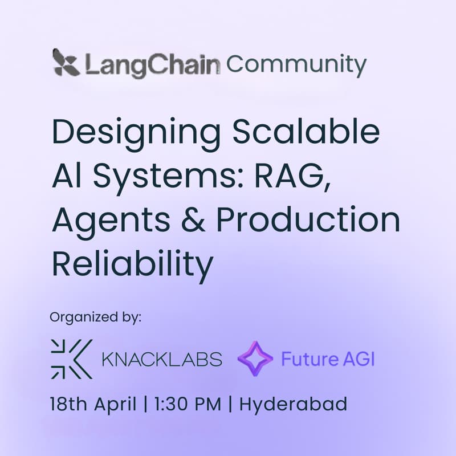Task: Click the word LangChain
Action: tap(152, 64)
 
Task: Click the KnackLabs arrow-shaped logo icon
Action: tap(71, 359)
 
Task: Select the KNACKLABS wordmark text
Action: tap(161, 360)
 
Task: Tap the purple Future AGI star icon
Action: tap(255, 360)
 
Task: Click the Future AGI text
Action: tap(328, 360)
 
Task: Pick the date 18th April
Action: tap(93, 405)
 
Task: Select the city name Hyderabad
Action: tap(293, 406)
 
